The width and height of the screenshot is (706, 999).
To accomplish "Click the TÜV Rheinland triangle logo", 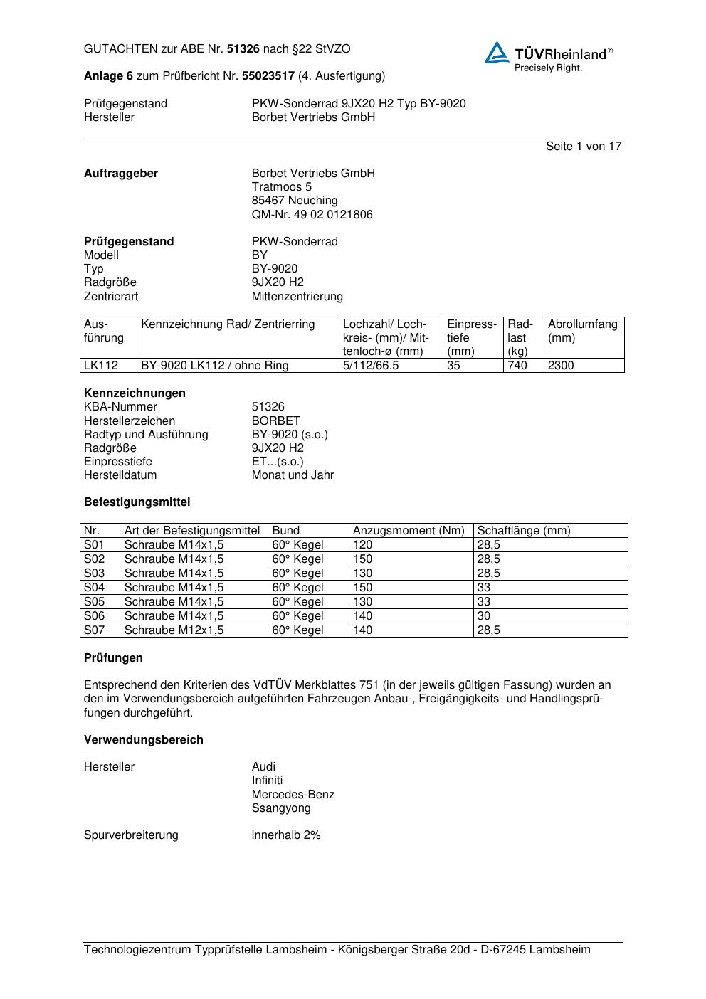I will [497, 53].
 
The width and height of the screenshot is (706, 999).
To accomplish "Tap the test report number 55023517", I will [268, 75].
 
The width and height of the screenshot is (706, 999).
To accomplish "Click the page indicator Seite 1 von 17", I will [584, 146].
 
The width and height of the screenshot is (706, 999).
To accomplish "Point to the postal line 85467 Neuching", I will [295, 201].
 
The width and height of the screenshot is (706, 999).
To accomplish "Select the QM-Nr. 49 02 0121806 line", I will [312, 214].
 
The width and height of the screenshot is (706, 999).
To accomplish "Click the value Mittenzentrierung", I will [297, 296].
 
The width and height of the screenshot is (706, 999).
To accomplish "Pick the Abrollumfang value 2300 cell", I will [561, 366].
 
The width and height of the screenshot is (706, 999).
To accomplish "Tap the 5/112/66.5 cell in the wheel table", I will [371, 366].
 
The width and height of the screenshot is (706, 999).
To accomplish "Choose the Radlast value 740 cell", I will [517, 366].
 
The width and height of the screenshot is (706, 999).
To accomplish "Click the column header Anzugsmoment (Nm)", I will [409, 531].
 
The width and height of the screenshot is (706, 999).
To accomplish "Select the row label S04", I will [94, 588].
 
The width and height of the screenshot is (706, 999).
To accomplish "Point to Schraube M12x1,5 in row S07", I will [174, 630].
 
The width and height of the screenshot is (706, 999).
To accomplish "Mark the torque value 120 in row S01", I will [362, 545].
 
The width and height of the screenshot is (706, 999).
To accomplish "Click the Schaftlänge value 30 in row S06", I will [484, 616].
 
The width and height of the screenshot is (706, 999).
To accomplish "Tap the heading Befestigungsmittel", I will [137, 502].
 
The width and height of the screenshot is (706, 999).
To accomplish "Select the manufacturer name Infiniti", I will [267, 781].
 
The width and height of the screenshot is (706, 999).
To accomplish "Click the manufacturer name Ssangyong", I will [281, 808].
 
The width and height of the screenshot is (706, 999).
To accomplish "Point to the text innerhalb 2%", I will [286, 835].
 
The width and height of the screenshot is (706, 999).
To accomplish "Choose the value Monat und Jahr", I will [293, 475].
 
